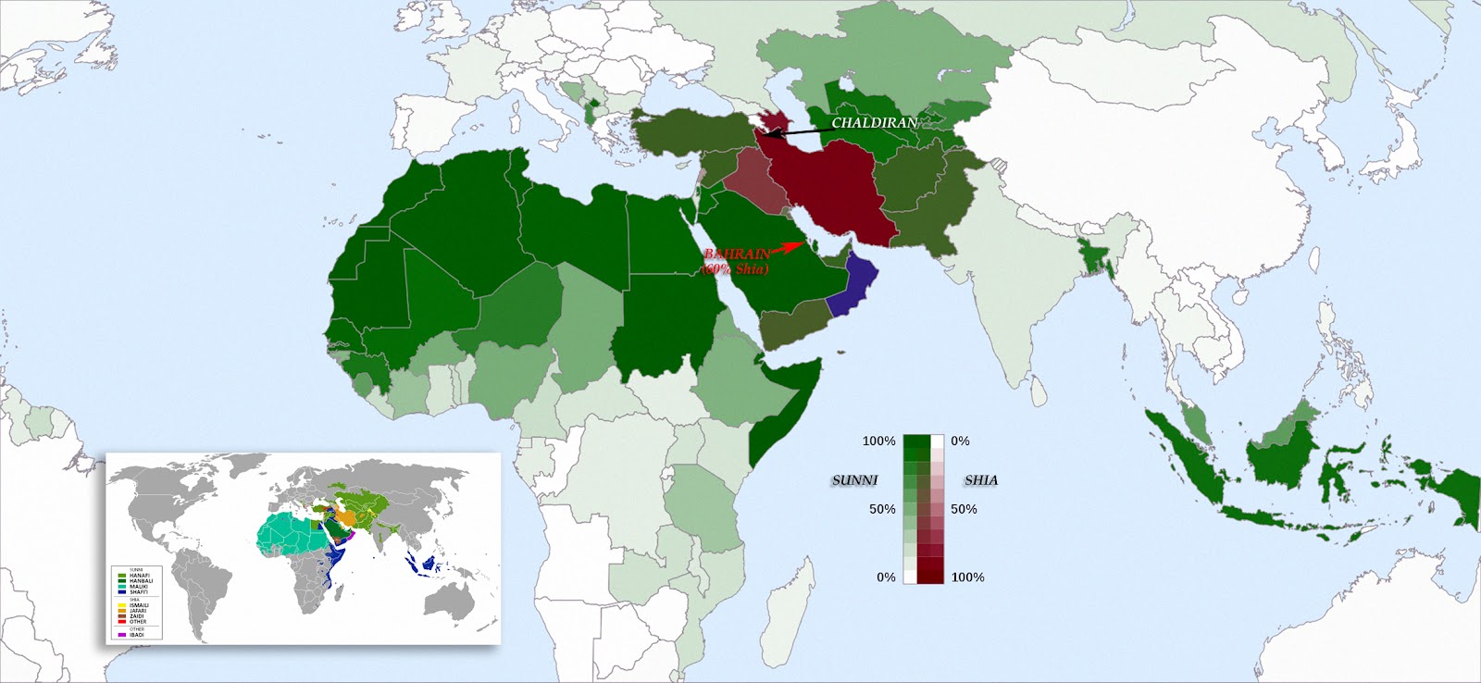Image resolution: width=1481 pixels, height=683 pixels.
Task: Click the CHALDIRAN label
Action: click(874, 123)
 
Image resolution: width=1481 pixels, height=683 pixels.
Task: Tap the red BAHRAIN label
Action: click(737, 255)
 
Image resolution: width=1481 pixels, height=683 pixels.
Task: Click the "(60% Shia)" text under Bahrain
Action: click(735, 269)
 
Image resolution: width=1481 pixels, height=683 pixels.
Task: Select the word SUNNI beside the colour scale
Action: click(854, 480)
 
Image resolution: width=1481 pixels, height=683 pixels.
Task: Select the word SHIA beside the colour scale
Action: click(981, 480)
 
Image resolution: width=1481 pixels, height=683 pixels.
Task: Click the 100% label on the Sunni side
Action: click(878, 441)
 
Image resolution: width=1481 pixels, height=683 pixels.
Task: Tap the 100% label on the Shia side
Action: click(967, 577)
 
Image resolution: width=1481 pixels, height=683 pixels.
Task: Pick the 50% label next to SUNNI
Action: click(882, 509)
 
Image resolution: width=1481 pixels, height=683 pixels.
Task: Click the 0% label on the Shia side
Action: click(960, 441)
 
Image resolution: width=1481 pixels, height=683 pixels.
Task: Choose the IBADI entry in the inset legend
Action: click(137, 635)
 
